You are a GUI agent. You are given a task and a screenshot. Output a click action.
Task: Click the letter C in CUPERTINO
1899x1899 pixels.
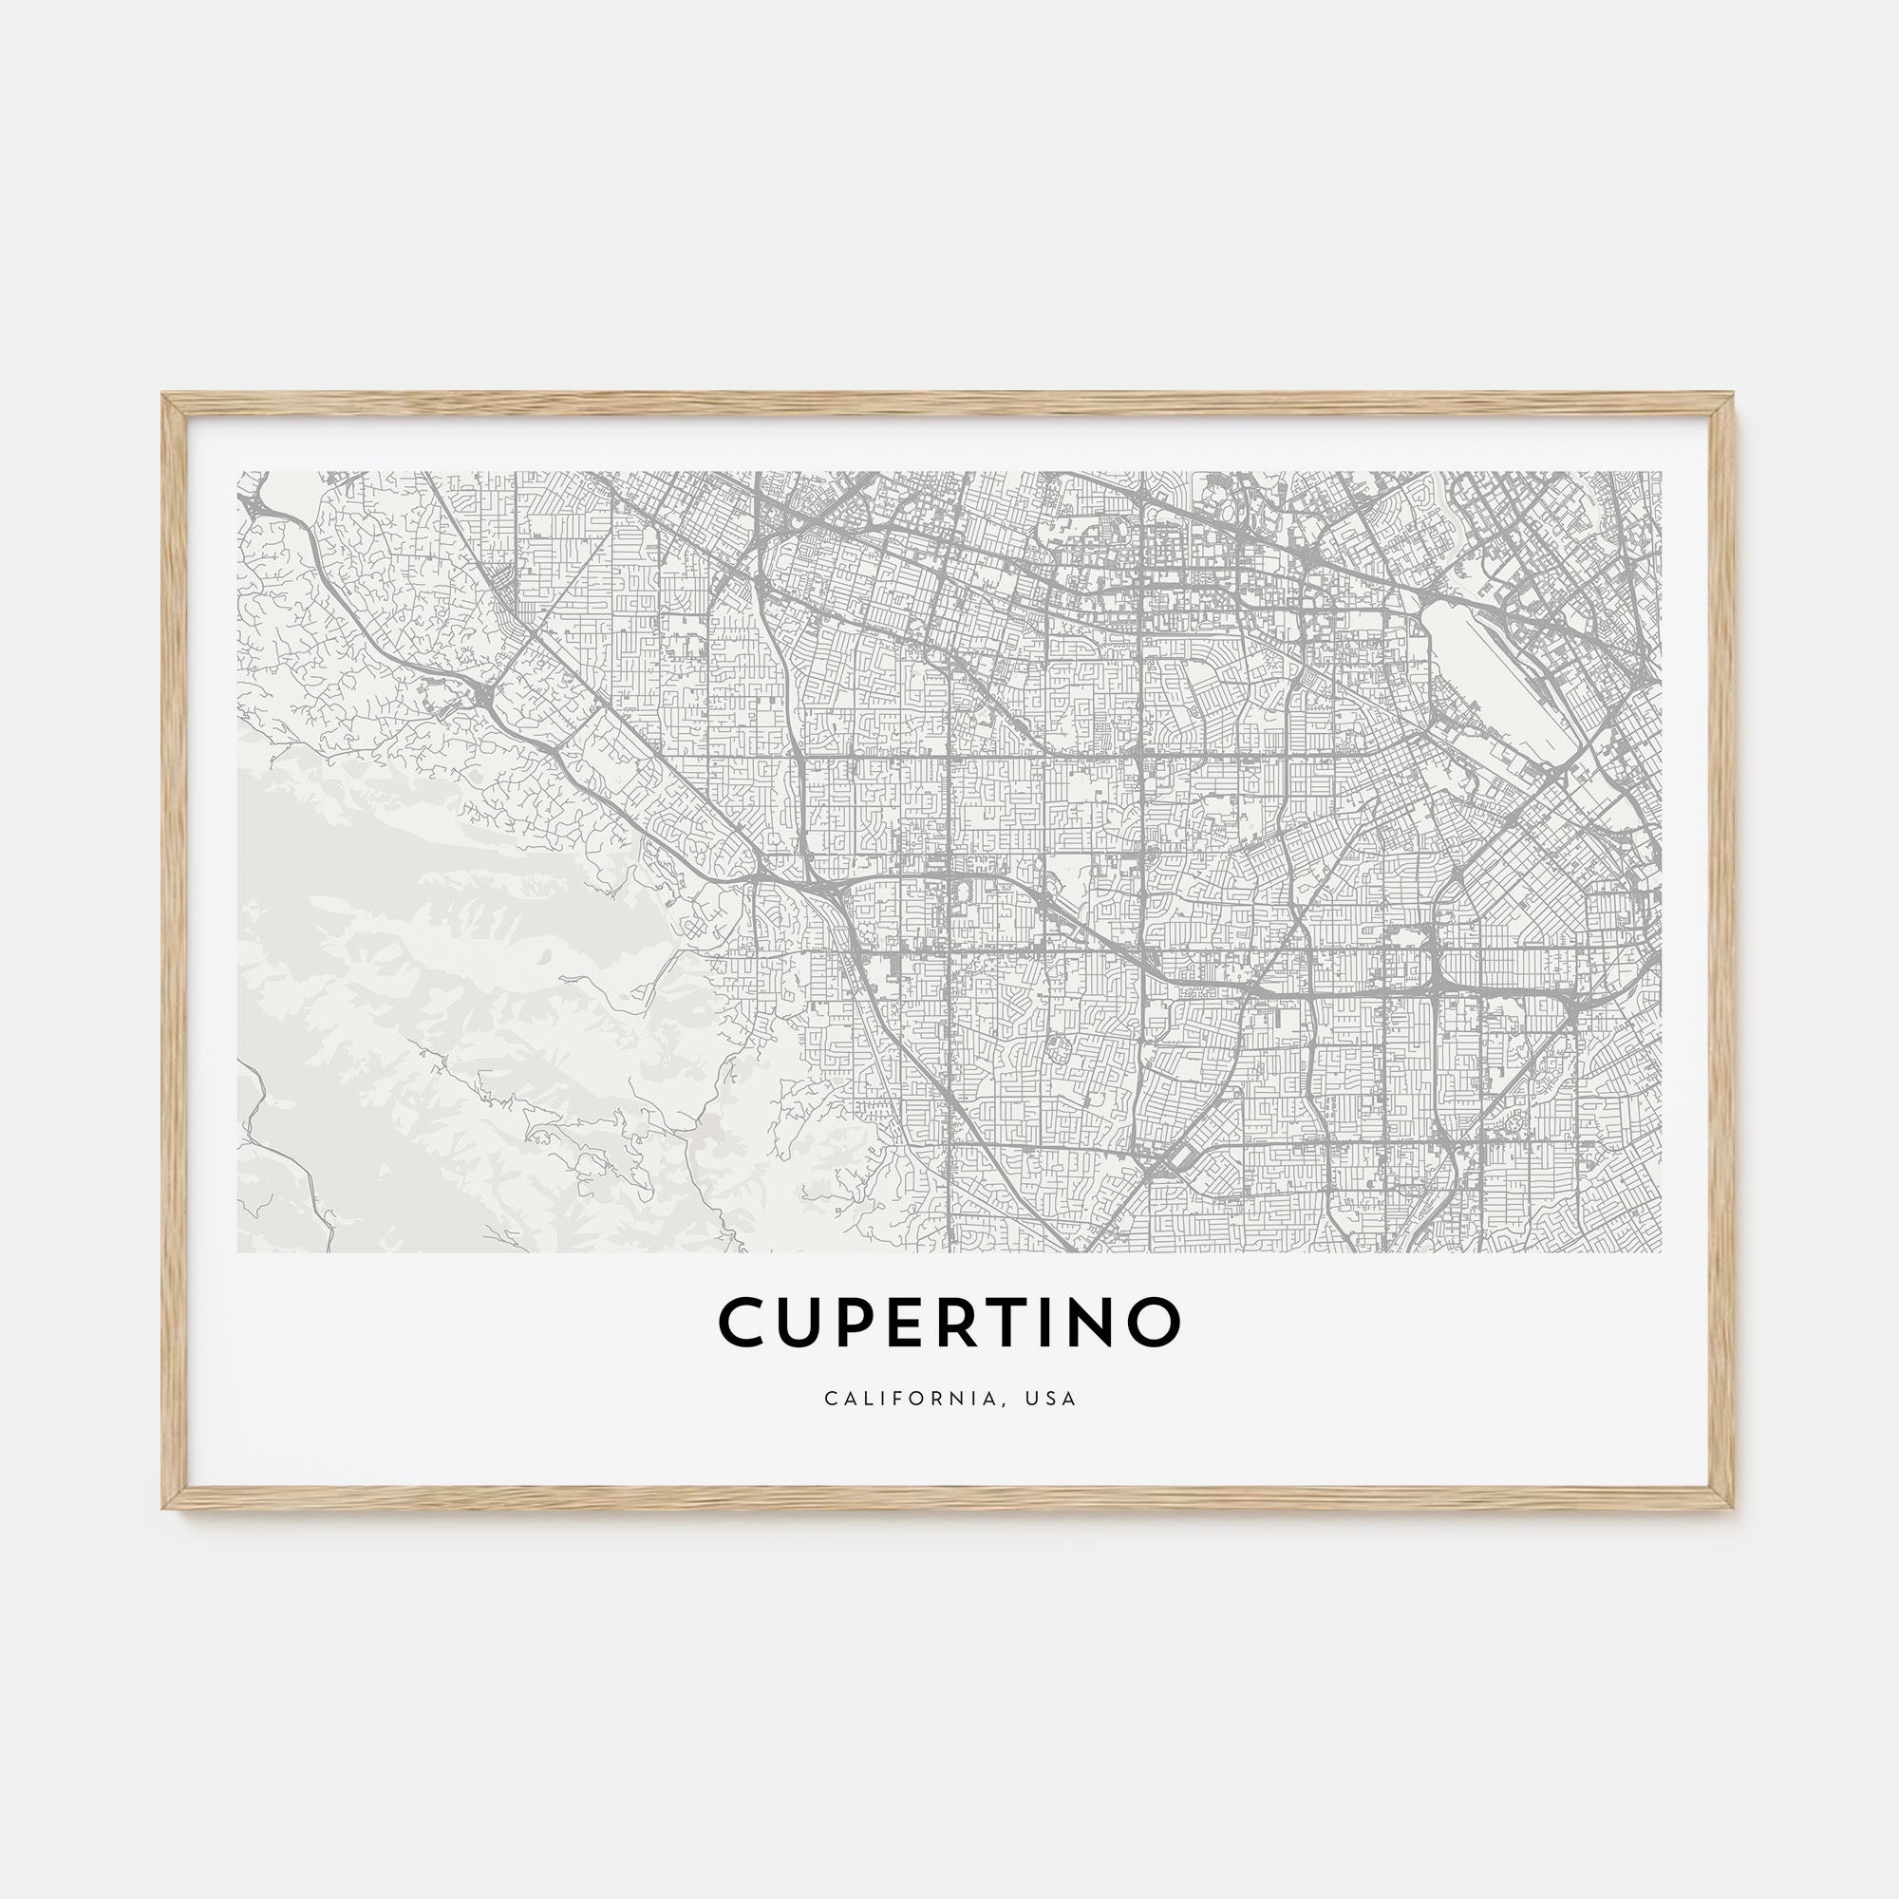[x=747, y=1322]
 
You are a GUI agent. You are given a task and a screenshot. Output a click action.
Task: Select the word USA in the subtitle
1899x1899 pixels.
[x=1052, y=1399]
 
